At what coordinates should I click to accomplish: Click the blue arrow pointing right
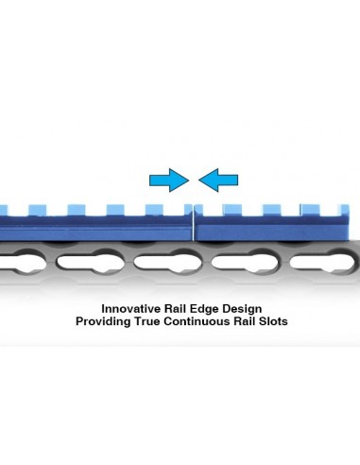pos(169,181)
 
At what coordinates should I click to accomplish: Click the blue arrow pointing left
pos(218,181)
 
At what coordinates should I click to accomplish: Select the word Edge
pos(204,309)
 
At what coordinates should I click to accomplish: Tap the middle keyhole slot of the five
pos(167,262)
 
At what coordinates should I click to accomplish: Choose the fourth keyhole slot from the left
pos(246,262)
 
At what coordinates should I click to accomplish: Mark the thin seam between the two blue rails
pos(193,223)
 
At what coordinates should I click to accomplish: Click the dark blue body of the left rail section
pos(94,228)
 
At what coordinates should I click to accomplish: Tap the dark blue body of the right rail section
pos(272,228)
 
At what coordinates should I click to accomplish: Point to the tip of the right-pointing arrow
pos(189,181)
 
